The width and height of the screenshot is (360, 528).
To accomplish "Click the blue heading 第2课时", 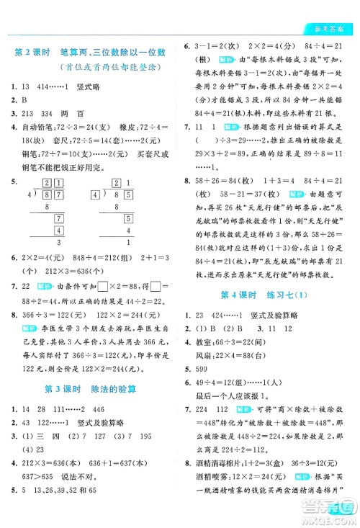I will [33, 52].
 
